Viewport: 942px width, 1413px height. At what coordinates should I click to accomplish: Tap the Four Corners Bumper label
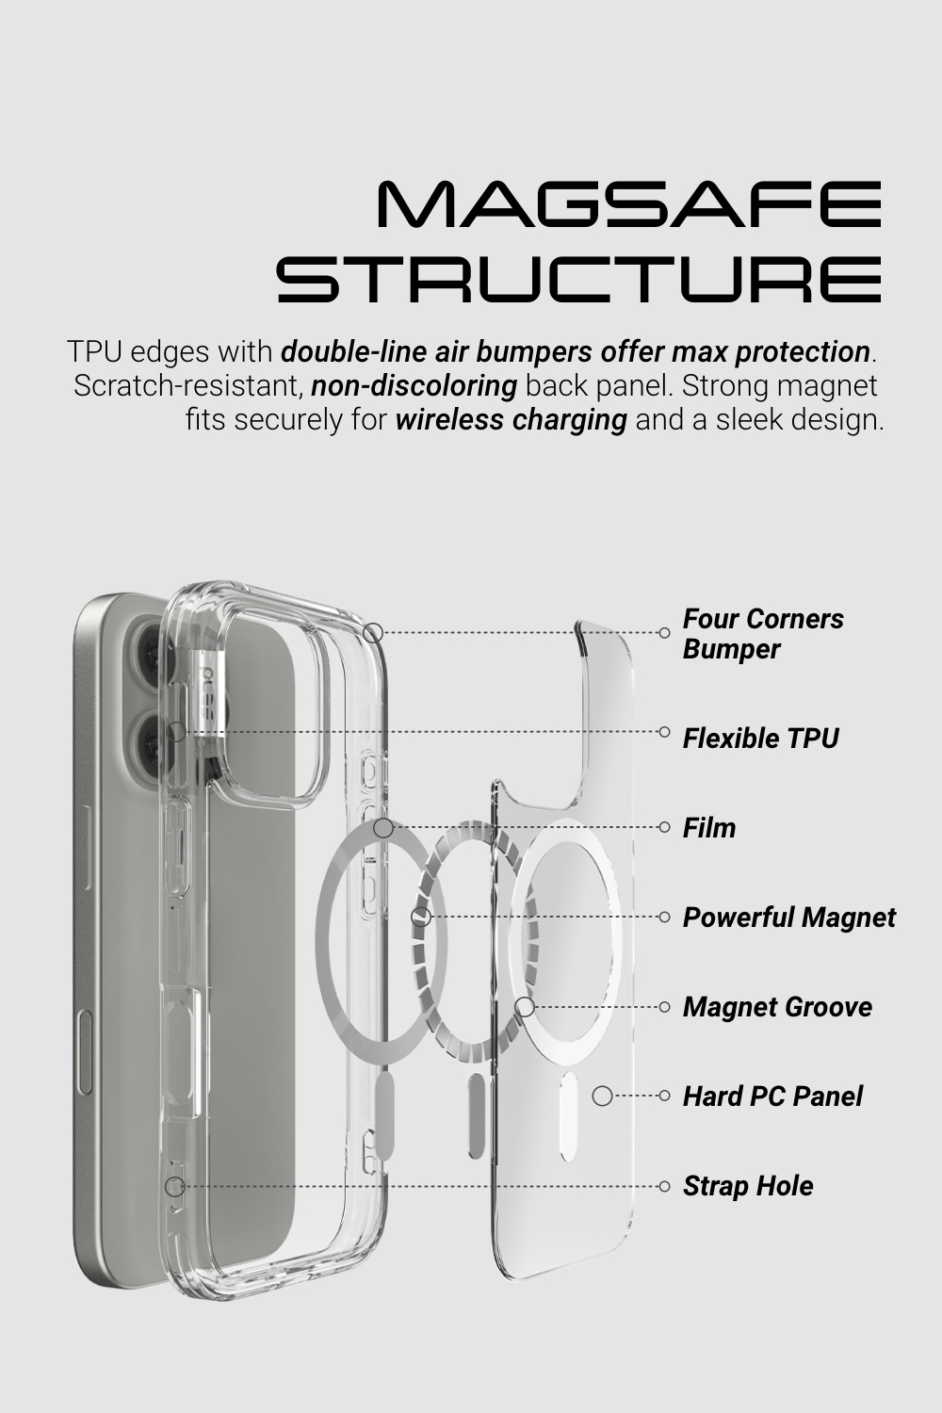click(762, 634)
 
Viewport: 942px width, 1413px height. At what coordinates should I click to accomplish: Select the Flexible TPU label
click(760, 738)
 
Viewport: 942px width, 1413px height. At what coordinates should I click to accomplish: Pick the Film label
click(709, 828)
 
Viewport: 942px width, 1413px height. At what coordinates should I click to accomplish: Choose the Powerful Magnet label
click(788, 918)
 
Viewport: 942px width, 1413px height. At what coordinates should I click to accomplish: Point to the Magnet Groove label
click(777, 1007)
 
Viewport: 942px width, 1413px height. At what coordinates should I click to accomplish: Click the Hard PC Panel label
click(772, 1096)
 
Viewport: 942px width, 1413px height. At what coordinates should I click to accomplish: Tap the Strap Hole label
click(748, 1186)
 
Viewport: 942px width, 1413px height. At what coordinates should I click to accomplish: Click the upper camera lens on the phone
click(149, 649)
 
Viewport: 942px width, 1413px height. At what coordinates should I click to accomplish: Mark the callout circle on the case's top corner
click(373, 633)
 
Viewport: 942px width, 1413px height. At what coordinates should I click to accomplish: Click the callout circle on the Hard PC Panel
click(602, 1096)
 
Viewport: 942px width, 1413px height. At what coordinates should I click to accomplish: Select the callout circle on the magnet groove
click(526, 1007)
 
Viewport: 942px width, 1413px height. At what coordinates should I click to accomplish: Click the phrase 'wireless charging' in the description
click(511, 419)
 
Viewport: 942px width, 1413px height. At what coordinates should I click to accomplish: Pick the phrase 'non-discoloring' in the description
click(414, 385)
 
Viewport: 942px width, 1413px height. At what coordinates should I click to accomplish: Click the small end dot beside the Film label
click(665, 828)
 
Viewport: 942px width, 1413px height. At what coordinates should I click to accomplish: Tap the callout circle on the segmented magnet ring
click(422, 917)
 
